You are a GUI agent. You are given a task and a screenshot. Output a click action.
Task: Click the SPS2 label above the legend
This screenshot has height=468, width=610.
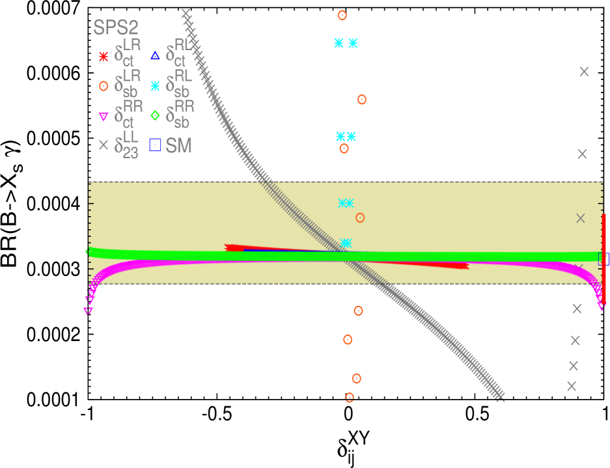coord(116,27)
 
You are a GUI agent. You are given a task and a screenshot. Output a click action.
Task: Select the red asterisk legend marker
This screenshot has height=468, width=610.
coord(103,57)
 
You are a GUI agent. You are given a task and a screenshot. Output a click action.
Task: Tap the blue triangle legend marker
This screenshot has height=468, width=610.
coord(155,55)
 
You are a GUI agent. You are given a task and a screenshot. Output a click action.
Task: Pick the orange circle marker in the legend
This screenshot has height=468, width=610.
coord(103,86)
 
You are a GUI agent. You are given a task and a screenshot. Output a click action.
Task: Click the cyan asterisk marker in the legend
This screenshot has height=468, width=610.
coord(155,86)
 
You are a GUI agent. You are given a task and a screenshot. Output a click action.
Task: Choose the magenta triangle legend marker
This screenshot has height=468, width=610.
coord(103,117)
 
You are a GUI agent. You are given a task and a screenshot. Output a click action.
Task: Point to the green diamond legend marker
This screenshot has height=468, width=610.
coord(155,116)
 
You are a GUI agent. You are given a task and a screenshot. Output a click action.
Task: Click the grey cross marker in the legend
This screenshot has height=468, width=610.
coord(103,146)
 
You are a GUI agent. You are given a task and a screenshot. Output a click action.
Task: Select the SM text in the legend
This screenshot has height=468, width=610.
coord(178,146)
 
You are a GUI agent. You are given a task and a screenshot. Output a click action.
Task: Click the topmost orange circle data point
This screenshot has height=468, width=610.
coord(342,15)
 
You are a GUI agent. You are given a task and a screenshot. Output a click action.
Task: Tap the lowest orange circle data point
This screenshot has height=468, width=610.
coord(350,397)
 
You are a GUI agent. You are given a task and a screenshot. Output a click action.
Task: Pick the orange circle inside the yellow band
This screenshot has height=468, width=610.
coord(360,217)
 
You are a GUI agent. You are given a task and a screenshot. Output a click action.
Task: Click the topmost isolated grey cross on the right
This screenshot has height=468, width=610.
coord(584,72)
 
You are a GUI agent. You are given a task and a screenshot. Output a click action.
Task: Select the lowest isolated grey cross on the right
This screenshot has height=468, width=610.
coord(572,386)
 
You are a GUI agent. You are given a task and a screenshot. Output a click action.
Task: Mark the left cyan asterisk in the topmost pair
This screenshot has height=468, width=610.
coord(339,43)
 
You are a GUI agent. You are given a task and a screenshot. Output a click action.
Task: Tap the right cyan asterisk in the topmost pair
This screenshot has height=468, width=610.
coord(353,43)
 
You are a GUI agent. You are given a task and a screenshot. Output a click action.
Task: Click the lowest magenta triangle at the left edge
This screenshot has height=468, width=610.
coord(88,311)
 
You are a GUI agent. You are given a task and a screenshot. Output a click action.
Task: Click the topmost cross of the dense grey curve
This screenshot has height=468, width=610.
coord(186,13)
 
